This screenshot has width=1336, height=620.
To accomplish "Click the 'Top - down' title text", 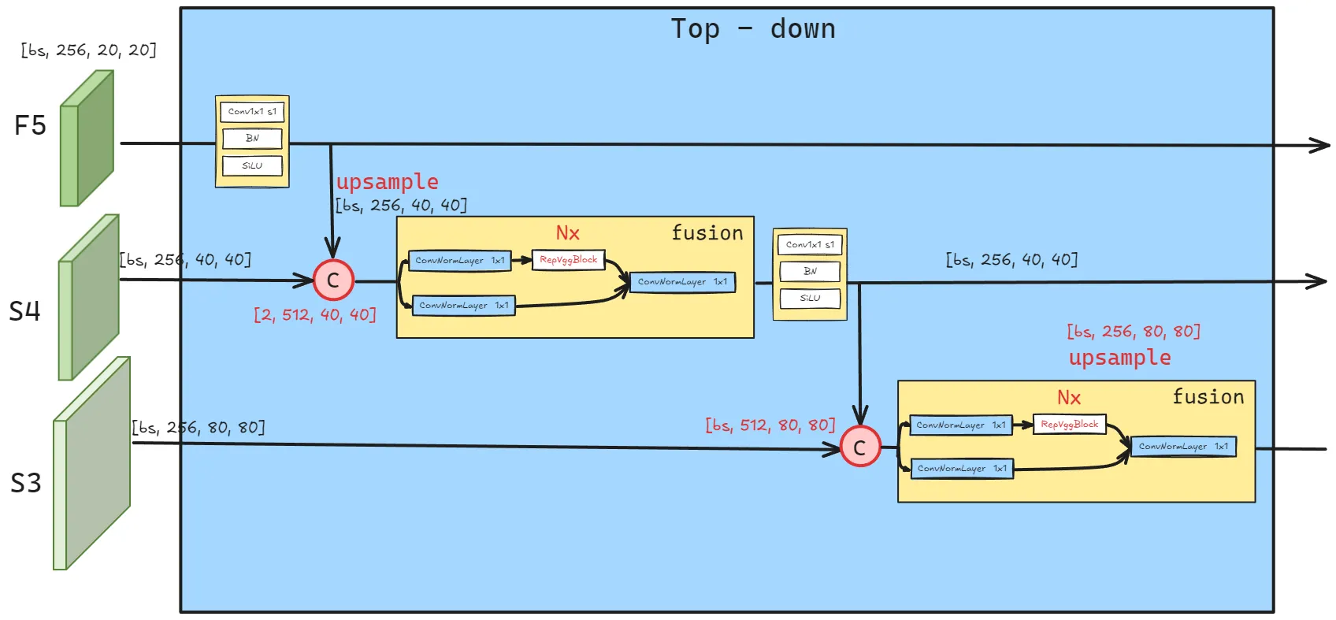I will pyautogui.click(x=752, y=29).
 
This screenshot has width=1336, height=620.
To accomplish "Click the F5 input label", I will pyautogui.click(x=30, y=125).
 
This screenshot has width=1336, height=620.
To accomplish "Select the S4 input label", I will pyautogui.click(x=24, y=311).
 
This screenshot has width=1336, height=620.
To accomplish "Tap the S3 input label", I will pyautogui.click(x=25, y=482).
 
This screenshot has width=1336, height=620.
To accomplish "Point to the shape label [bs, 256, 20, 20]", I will pyautogui.click(x=88, y=50).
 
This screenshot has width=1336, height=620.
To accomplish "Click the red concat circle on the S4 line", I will pyautogui.click(x=333, y=280).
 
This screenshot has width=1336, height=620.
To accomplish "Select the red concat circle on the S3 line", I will pyautogui.click(x=860, y=447).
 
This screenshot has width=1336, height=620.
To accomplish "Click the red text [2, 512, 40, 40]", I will pyautogui.click(x=314, y=315).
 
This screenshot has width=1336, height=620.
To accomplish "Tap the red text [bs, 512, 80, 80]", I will pyautogui.click(x=770, y=425).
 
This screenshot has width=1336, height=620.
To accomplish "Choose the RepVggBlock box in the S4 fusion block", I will pyautogui.click(x=568, y=260).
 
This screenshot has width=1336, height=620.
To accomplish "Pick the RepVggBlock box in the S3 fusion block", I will pyautogui.click(x=1069, y=425).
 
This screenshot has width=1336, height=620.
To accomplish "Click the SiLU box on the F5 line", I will pyautogui.click(x=252, y=166).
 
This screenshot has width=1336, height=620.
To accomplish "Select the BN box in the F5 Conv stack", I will pyautogui.click(x=252, y=139).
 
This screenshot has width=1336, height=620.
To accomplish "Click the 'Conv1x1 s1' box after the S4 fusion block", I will pyautogui.click(x=810, y=245).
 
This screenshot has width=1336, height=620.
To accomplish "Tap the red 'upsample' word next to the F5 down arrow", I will pyautogui.click(x=387, y=182).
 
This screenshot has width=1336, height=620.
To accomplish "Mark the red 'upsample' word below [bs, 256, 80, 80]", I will pyautogui.click(x=1119, y=358).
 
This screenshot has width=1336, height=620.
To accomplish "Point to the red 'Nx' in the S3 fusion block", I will pyautogui.click(x=1069, y=398).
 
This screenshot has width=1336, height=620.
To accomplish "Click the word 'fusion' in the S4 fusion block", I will pyautogui.click(x=707, y=233).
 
